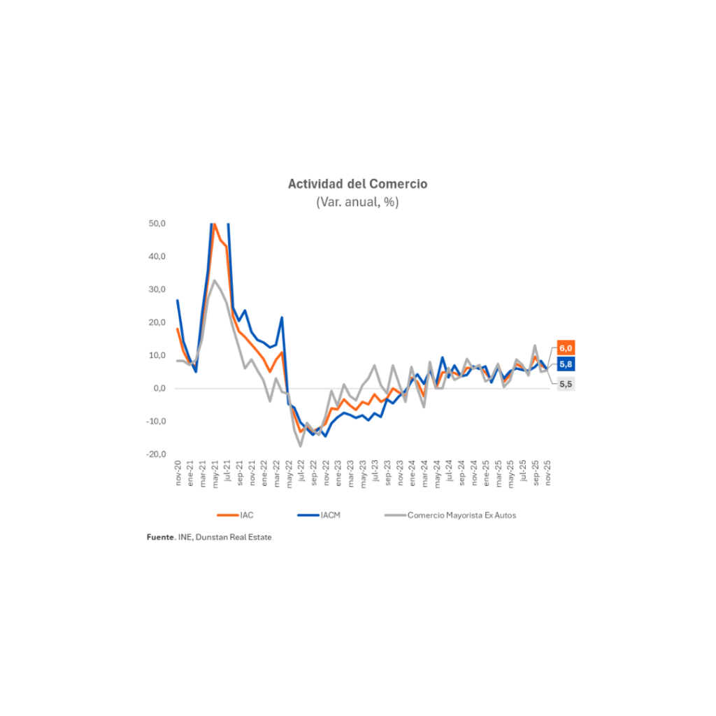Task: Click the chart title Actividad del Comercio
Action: click(x=357, y=184)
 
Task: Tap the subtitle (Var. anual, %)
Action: click(x=357, y=202)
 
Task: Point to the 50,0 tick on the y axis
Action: click(x=157, y=224)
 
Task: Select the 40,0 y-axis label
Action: click(x=157, y=257)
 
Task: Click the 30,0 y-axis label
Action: click(x=157, y=289)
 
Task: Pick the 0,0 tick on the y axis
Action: click(x=159, y=388)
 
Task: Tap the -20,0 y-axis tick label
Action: click(x=155, y=454)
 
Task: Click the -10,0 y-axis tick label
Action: click(x=155, y=421)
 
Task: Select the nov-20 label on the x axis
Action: click(x=178, y=474)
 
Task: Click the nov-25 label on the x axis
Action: click(x=548, y=474)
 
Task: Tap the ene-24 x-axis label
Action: click(x=413, y=474)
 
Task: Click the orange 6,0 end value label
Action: click(x=566, y=348)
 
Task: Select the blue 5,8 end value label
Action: click(x=566, y=364)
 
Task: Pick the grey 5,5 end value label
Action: click(x=566, y=384)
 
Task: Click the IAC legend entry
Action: click(x=246, y=515)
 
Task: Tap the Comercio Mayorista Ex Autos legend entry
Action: click(x=461, y=515)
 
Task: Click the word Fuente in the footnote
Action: click(x=159, y=537)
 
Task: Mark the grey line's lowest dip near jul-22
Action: click(x=301, y=446)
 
